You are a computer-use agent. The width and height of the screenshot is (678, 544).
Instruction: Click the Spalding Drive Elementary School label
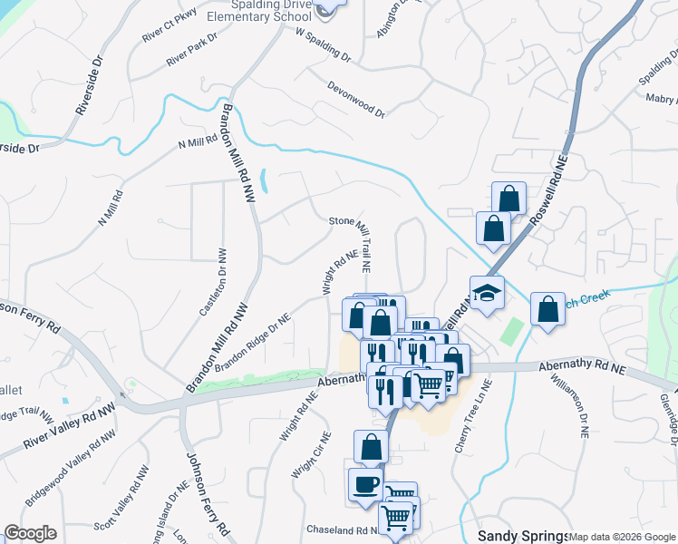point(247,11)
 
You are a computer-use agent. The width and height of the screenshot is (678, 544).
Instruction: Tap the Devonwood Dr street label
point(355,100)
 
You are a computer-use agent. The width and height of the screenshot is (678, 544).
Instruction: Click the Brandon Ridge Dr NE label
point(253,342)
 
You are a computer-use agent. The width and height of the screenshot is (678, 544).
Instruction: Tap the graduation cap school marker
point(486,292)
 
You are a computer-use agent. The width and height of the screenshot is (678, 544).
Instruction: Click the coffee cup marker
point(364,483)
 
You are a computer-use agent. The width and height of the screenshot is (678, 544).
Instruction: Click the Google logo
point(30,533)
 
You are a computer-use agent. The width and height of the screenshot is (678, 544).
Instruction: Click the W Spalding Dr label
point(323,43)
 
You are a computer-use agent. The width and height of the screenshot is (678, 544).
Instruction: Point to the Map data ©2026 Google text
point(622,537)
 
